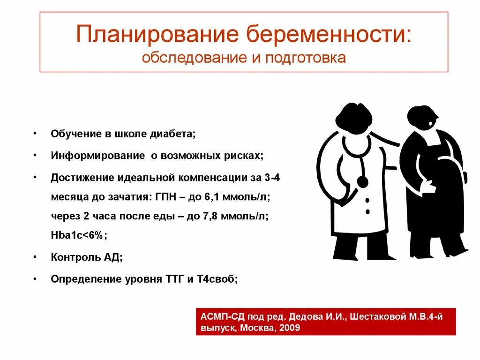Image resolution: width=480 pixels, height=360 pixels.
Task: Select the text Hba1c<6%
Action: pos(79,236)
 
